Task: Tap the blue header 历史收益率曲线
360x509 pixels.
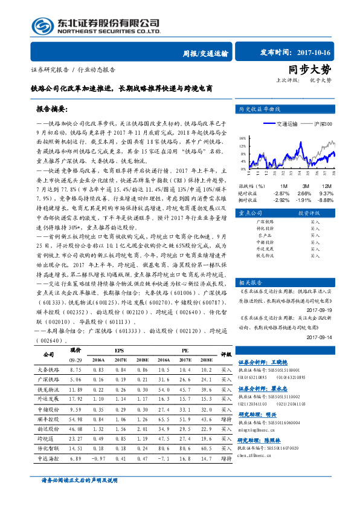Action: (x=260, y=109)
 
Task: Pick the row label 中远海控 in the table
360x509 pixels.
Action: (x=48, y=459)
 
